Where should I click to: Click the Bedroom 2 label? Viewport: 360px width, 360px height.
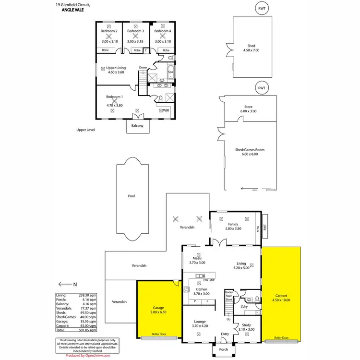tap(109, 31)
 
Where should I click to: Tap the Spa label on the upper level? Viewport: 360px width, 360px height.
tap(170, 72)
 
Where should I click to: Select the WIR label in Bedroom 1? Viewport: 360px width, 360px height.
tap(166, 110)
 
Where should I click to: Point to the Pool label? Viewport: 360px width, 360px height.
tap(131, 196)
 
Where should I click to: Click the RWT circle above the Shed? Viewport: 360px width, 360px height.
tap(262, 8)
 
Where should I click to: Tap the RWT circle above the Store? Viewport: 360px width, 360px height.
tap(262, 88)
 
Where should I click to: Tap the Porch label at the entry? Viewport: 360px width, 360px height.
tap(224, 349)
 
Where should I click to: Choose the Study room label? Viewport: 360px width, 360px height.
tap(246, 325)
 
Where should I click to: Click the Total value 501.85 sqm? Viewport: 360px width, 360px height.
tap(90, 330)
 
